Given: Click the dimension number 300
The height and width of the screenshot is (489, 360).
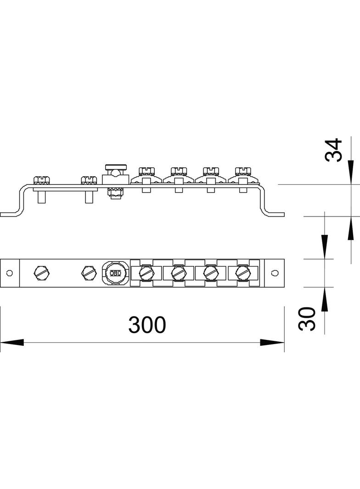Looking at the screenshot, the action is pyautogui.click(x=147, y=325).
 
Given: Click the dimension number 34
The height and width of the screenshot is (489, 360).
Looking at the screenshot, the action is pyautogui.click(x=333, y=150).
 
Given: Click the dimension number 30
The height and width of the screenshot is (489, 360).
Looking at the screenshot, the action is pyautogui.click(x=307, y=319).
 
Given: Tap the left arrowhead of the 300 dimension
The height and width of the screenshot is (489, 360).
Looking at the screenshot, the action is pyautogui.click(x=12, y=342).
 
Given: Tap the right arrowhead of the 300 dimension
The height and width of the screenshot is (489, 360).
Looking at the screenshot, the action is pyautogui.click(x=272, y=342).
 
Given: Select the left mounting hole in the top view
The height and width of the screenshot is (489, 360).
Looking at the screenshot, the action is pyautogui.click(x=9, y=273).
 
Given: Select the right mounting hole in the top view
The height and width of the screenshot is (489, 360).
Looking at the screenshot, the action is pyautogui.click(x=275, y=272).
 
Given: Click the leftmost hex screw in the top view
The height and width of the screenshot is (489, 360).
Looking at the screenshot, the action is pyautogui.click(x=41, y=273).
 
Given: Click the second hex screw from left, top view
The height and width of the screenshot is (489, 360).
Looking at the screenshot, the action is pyautogui.click(x=89, y=273).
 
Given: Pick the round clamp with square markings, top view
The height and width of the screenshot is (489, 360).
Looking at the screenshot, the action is pyautogui.click(x=115, y=273).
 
